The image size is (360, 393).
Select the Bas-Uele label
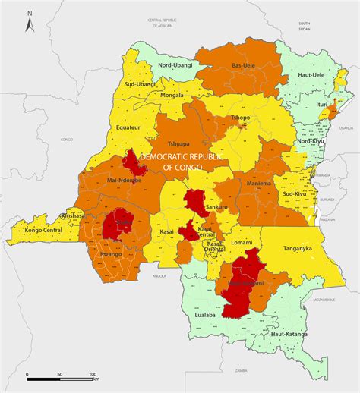(243, 66)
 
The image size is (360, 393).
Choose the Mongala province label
(172, 97)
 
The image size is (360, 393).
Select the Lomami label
(242, 241)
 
